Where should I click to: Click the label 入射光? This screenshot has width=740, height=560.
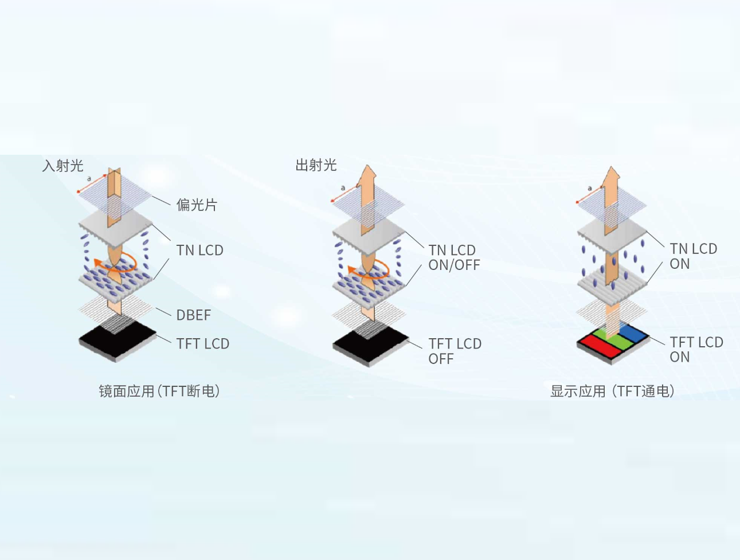coord(63,166)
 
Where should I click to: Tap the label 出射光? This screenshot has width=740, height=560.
coord(316,166)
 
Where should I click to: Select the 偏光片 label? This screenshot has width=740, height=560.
coord(197,205)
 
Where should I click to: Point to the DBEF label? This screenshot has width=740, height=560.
coord(193,315)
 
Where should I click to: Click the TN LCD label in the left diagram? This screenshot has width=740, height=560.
coord(199,250)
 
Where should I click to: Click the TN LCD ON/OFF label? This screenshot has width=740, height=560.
coord(453,258)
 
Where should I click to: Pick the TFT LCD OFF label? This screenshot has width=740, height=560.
coord(455,351)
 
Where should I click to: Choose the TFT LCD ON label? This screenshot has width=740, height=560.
coord(696,349)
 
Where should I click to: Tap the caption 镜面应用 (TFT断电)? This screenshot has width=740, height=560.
coord(159,391)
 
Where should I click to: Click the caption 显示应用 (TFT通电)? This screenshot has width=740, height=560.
coord(612,391)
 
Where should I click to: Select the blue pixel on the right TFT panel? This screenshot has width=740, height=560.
coord(633,333)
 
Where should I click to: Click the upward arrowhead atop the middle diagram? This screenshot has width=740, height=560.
coord(367,175)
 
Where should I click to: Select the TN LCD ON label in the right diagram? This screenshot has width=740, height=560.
coord(693,256)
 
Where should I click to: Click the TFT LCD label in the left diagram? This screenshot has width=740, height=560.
coord(202,344)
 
